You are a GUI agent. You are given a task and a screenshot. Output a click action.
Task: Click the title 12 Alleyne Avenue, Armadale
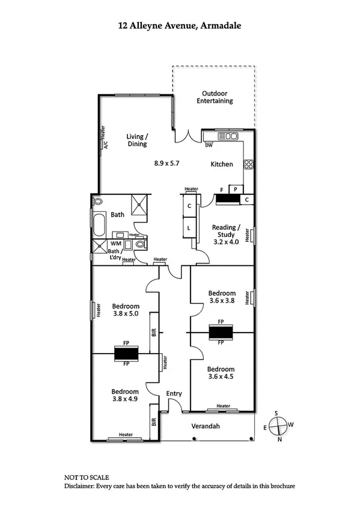[180, 26]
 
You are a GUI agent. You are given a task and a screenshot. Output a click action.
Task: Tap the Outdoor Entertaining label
[215, 97]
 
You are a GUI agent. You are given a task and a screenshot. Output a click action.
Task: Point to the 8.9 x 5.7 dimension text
[166, 163]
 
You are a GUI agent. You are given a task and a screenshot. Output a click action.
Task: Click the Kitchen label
[221, 164]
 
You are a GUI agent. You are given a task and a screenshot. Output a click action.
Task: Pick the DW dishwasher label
[209, 145]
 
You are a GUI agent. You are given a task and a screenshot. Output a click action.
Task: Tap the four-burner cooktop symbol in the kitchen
[248, 164]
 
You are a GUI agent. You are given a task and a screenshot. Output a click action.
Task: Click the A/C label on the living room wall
[105, 144]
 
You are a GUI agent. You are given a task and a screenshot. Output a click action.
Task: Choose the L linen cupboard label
[189, 228]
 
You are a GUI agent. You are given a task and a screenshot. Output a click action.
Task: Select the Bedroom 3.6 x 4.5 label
[221, 373]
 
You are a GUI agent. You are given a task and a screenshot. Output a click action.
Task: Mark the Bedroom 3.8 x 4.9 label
[124, 394]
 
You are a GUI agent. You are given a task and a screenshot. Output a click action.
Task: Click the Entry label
[174, 393]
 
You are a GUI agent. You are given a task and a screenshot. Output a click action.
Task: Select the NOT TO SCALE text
[87, 476]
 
